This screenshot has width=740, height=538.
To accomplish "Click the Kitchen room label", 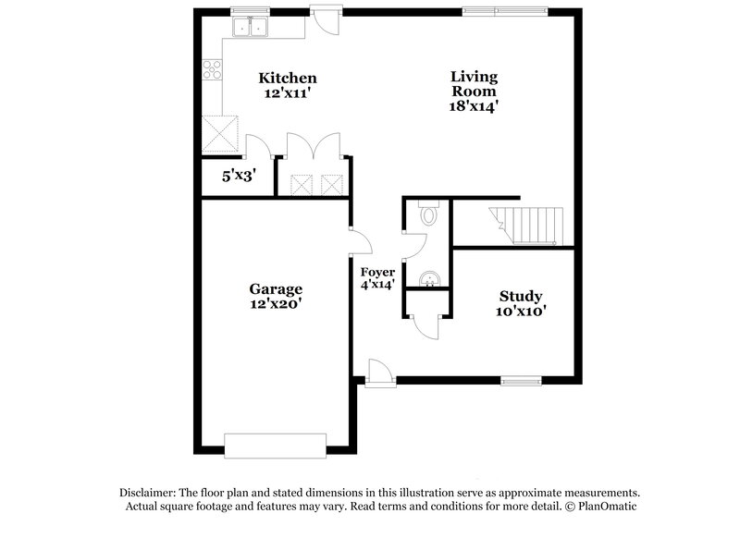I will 288,79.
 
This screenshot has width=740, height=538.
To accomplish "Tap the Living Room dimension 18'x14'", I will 474,105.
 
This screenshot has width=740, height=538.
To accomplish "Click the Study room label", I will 521,297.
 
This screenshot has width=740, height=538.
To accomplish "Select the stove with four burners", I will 211,67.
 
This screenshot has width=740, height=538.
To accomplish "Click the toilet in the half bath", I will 427,216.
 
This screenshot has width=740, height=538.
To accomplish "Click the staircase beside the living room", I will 527,225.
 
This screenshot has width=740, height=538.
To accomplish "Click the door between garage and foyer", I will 358,242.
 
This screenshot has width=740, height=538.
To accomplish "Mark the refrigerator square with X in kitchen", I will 221,131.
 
